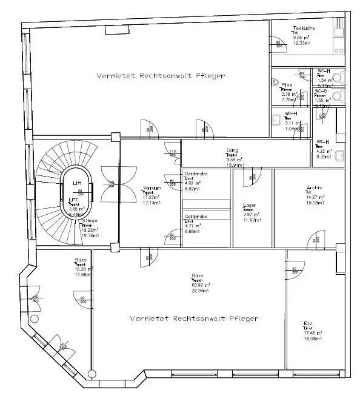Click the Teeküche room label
pos(302,28)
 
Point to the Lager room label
pos(249,205)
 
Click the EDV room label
pos(308,323)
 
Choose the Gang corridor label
pos(232,150)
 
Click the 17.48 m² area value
pos(313,333)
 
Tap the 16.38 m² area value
pos(82,269)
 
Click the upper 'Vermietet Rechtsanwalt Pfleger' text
pos(161,76)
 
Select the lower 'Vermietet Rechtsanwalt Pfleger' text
pos(194,318)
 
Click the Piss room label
pos(286,85)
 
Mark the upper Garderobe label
pos(196,174)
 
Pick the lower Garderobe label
pos(196,217)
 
